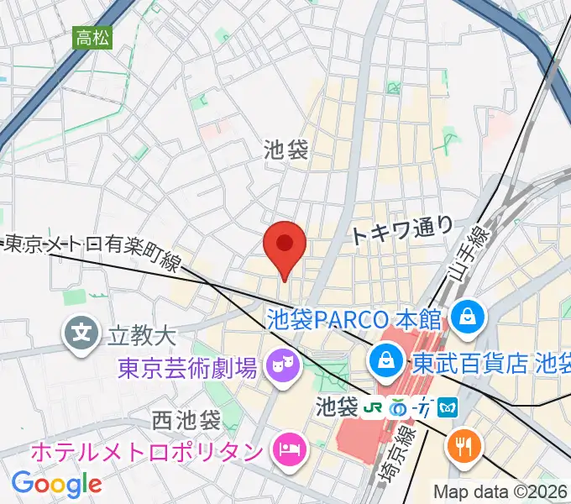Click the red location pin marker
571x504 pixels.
click(285, 246)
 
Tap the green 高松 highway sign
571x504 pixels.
click(93, 37)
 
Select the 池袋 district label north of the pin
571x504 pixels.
click(285, 150)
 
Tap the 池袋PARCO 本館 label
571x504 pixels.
click(354, 318)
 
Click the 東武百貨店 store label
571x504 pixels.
click(490, 363)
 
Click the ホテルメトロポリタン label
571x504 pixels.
click(147, 451)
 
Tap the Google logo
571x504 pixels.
click(56, 484)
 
